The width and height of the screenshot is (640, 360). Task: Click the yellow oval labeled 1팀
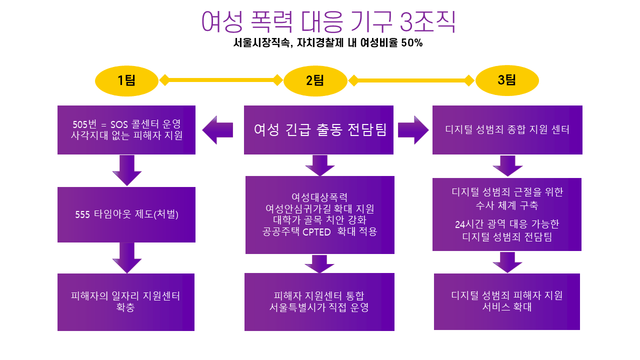coord(126,80)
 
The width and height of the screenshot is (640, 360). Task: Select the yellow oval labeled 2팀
coord(315,80)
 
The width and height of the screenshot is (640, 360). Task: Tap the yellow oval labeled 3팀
coord(507,80)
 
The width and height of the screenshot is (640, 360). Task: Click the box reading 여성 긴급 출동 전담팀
coord(318,130)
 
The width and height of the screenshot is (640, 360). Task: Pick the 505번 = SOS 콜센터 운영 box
coord(126,129)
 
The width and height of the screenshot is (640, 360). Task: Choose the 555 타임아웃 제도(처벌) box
coord(126,214)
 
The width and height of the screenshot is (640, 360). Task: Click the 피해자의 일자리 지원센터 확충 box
coord(126,302)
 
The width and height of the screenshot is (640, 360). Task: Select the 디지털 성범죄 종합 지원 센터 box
coord(507,130)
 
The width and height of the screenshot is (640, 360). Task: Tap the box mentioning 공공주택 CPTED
coord(319,214)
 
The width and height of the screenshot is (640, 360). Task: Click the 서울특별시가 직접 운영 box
coord(319,302)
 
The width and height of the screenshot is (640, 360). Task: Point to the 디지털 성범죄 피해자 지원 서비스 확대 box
coord(506,301)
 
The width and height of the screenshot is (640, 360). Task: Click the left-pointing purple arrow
coord(217,130)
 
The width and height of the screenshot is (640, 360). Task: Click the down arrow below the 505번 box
coord(126,170)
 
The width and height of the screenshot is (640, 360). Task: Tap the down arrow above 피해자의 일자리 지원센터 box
coord(126,257)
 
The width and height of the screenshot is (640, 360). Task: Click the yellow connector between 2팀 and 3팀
coord(411,80)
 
